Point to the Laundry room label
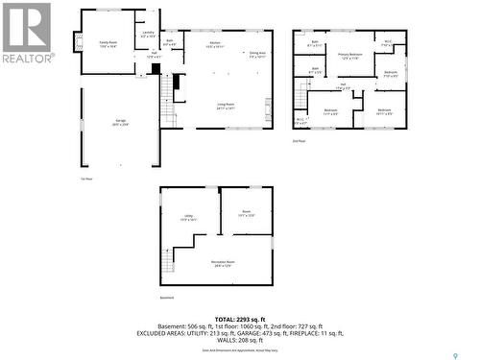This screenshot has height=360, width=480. click(147, 35)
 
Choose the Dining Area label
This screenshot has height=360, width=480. click(257, 55)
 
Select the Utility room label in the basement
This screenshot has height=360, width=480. click(188, 218)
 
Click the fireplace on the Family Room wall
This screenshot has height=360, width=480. click(78, 43)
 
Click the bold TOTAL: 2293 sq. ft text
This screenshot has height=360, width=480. click(239, 319)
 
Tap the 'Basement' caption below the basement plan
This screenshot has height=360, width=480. click(167, 298)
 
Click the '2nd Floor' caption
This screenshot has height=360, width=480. click(300, 141)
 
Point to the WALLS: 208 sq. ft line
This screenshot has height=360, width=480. click(239, 342)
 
